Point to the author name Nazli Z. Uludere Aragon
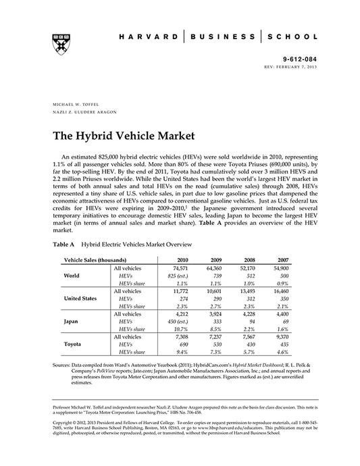78,114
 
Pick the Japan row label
72,322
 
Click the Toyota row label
73,344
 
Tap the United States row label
82,298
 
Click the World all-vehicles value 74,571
180,269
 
